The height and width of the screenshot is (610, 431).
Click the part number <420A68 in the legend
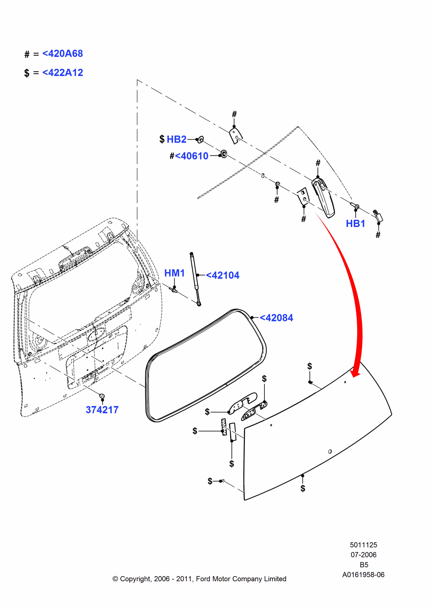pyautogui.click(x=62, y=54)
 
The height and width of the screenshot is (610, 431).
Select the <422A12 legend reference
pyautogui.click(x=62, y=73)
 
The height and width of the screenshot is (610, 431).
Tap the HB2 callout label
pyautogui.click(x=177, y=139)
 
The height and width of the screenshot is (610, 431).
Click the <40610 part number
pyautogui.click(x=192, y=156)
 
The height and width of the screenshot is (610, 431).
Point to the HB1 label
pyautogui.click(x=355, y=224)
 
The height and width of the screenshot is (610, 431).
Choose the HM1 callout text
pyautogui.click(x=174, y=273)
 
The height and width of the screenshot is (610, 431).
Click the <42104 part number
pyautogui.click(x=223, y=275)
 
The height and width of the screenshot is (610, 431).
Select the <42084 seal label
pyautogui.click(x=276, y=318)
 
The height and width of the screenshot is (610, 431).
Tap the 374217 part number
pyautogui.click(x=102, y=410)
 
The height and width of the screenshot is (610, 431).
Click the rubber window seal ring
pyautogui.click(x=205, y=366)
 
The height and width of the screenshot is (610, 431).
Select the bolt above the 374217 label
pyautogui.click(x=102, y=396)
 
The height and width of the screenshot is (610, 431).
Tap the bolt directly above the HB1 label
pyautogui.click(x=355, y=206)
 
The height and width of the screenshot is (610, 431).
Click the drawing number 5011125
pyautogui.click(x=363, y=545)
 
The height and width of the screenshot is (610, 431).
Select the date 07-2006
pyautogui.click(x=363, y=555)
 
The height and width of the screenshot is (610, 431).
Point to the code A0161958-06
pyautogui.click(x=363, y=575)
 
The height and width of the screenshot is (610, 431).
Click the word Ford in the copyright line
pyautogui.click(x=203, y=579)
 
